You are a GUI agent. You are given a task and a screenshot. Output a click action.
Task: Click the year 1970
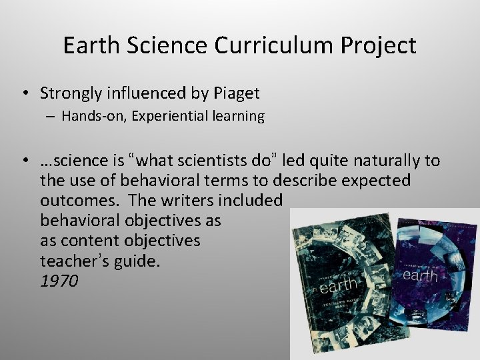tap(59, 281)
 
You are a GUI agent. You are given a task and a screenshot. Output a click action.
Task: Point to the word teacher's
tap(71, 261)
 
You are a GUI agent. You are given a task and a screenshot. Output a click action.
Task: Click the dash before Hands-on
tap(51, 116)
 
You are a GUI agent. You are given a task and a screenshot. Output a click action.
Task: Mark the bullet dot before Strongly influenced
tap(23, 93)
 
